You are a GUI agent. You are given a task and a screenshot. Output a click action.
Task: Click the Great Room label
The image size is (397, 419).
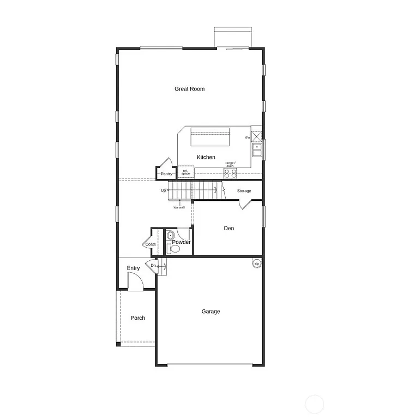(x=189, y=89)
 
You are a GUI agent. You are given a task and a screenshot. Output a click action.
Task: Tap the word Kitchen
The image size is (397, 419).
(x=206, y=157)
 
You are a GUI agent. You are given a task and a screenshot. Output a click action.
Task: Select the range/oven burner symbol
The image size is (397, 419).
(x=231, y=173)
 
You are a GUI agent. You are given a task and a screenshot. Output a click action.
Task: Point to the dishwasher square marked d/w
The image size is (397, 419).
(x=256, y=134)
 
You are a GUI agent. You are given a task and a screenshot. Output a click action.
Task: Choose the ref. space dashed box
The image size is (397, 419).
(x=185, y=172)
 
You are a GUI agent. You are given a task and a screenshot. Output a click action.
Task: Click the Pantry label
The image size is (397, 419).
(x=166, y=174)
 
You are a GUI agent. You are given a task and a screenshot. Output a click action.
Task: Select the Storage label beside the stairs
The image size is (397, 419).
(x=244, y=191)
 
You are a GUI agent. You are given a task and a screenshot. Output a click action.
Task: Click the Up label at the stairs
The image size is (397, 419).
(x=163, y=190)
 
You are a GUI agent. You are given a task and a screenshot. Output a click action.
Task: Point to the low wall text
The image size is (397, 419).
(x=179, y=207)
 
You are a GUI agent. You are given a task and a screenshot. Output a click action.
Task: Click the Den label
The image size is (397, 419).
(x=229, y=229)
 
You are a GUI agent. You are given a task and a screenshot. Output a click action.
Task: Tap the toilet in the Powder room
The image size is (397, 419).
(x=174, y=248)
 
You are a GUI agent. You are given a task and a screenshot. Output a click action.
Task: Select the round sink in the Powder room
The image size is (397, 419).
(x=170, y=236)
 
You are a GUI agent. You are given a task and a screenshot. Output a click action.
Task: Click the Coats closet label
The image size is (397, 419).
(x=150, y=244)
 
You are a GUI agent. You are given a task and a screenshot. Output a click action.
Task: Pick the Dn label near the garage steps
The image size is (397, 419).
(x=154, y=266)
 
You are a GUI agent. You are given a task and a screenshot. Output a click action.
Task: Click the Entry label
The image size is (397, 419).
(x=133, y=268)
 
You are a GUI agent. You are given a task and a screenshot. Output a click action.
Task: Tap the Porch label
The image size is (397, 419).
(x=137, y=318)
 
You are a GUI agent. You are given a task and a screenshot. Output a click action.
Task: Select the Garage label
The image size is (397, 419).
(x=210, y=312)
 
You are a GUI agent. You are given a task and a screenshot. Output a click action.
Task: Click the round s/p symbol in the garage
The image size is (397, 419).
(x=256, y=263)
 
